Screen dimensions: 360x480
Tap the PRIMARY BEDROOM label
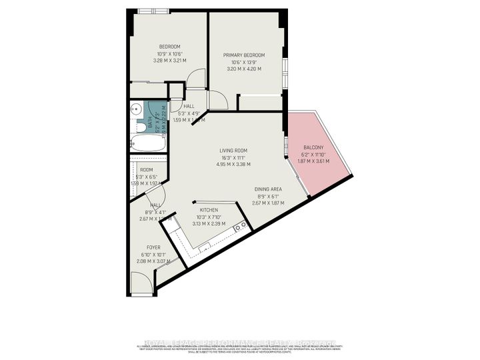(x=243, y=55)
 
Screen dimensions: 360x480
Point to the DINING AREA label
(x=269, y=189)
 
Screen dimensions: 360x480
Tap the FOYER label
(x=153, y=247)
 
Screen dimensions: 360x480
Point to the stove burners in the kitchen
(x=243, y=225)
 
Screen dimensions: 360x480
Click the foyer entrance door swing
(x=141, y=285)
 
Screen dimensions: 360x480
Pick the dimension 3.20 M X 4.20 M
(x=243, y=69)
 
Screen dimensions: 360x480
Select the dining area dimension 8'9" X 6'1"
(x=269, y=196)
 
